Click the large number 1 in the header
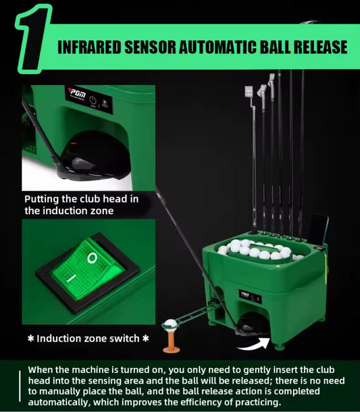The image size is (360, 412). (33, 39)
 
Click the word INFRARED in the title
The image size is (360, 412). (89, 47)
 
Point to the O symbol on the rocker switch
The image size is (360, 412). (92, 258)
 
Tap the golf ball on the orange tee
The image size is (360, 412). (170, 324)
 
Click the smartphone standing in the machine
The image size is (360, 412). (318, 230)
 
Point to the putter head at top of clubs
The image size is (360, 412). (249, 92)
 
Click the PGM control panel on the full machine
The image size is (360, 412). (250, 297)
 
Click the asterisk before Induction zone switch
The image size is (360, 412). (31, 338)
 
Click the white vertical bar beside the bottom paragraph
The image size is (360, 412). (20, 386)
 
